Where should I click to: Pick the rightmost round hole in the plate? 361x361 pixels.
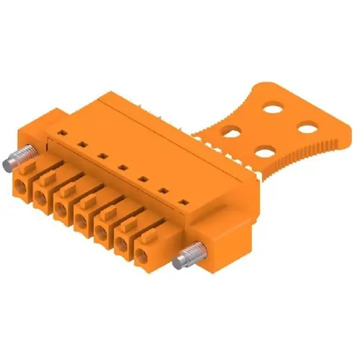308,129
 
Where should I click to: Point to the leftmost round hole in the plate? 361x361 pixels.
232,132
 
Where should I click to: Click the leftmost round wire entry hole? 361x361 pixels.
19,188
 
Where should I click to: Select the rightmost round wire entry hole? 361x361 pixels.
141,254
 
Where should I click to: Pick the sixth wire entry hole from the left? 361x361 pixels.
121,244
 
